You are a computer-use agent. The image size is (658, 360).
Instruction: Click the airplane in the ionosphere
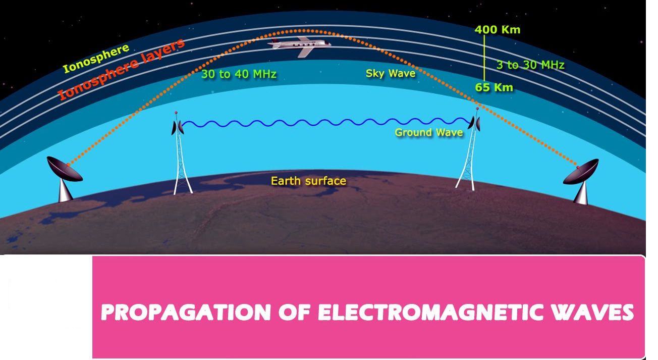click(x=299, y=46)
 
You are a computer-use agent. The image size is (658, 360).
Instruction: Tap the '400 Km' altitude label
click(x=498, y=30)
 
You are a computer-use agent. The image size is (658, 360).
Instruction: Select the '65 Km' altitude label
click(x=494, y=87)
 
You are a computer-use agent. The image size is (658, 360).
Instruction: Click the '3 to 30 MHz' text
click(x=530, y=65)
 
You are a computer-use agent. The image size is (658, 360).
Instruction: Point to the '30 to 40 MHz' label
click(x=239, y=74)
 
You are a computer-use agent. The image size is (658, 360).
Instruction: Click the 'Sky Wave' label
click(x=391, y=74)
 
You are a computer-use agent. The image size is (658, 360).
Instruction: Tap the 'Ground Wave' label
click(x=429, y=133)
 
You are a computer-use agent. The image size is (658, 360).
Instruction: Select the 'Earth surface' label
click(x=308, y=181)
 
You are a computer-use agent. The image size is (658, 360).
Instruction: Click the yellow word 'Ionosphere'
click(x=96, y=58)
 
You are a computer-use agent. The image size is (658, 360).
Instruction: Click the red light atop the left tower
click(x=176, y=113)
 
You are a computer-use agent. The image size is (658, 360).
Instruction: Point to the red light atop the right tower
click(x=477, y=109)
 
